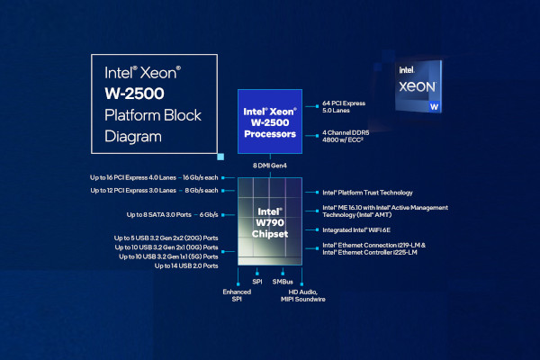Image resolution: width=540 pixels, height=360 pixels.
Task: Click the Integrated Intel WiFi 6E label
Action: coord(356,230)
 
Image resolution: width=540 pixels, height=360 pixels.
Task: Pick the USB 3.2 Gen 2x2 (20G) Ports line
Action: coord(166,237)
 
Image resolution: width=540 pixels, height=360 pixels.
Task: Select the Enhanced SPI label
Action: coord(238,296)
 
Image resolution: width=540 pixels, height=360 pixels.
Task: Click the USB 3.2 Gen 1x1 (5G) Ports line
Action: coord(168,256)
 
